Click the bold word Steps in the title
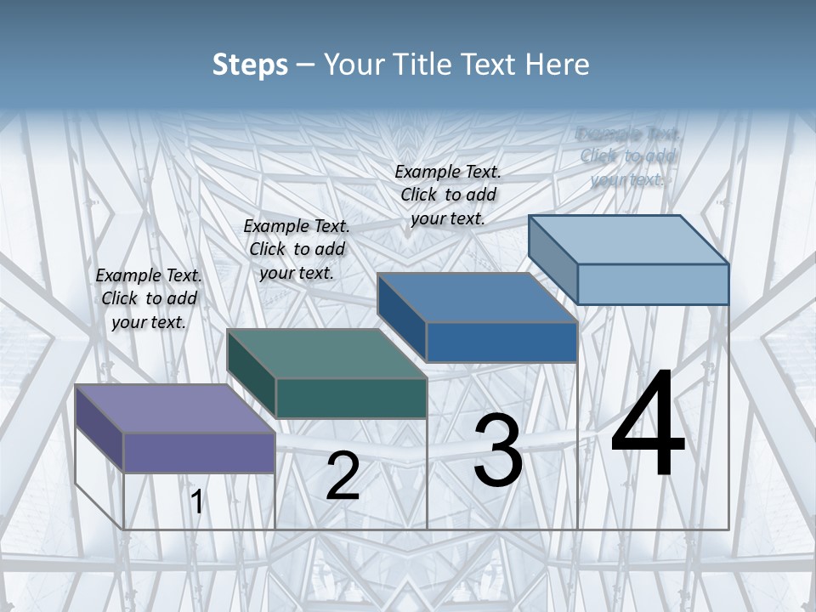[x=250, y=65]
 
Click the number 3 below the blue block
[x=498, y=450]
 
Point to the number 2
[x=343, y=476]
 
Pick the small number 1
[x=196, y=502]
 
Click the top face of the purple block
[x=175, y=409]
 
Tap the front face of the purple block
[x=199, y=452]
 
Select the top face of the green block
[x=326, y=354]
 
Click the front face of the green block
[x=350, y=398]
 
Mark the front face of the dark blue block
[x=501, y=342]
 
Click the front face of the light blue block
[x=653, y=284]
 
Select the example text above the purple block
[x=149, y=298]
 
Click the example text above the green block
[x=297, y=249]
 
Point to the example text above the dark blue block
[x=448, y=195]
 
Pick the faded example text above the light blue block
[x=627, y=156]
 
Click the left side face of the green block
[x=252, y=375]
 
